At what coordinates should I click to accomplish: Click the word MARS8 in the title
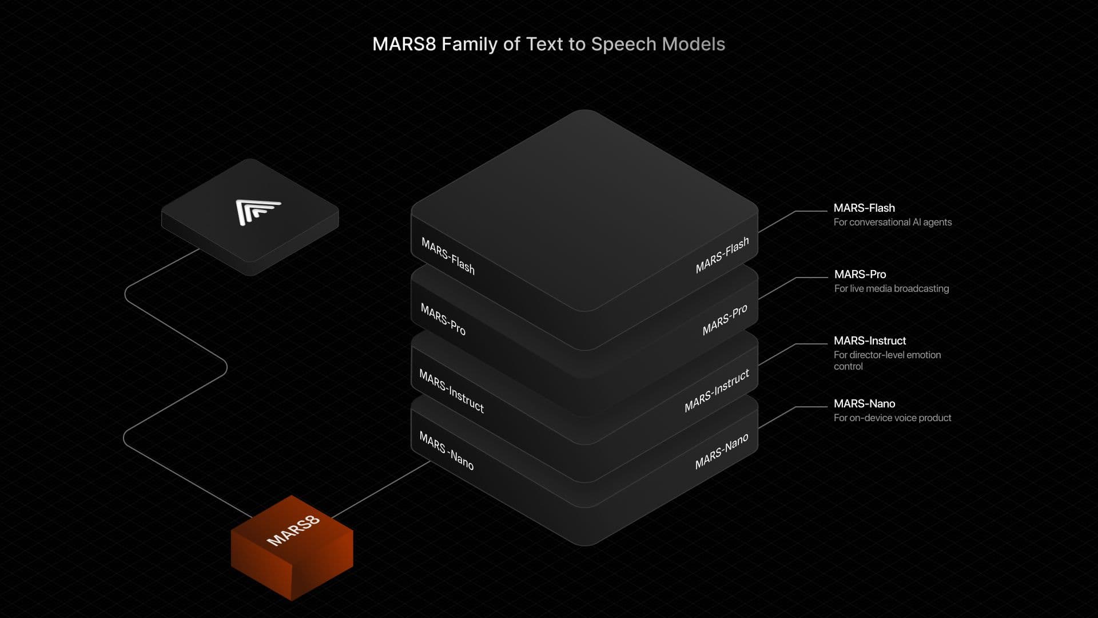[x=404, y=44]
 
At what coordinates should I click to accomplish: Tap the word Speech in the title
[x=623, y=44]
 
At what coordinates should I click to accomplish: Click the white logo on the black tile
[x=257, y=212]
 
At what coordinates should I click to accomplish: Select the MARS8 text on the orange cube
[x=293, y=530]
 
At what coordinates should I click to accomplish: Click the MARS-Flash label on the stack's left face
[x=448, y=256]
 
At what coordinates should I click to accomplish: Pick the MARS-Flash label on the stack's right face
[x=722, y=255]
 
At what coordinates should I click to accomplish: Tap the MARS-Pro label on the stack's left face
[x=443, y=319]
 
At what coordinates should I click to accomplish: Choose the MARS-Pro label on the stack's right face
[x=725, y=320]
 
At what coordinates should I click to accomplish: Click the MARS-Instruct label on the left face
[x=451, y=391]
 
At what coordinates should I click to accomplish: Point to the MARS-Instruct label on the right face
[x=717, y=391]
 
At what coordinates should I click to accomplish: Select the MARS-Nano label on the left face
[x=446, y=451]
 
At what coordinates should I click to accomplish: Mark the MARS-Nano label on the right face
[x=721, y=451]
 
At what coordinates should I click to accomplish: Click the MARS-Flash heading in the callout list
[x=864, y=208]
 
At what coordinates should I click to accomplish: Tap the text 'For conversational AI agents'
[x=892, y=222]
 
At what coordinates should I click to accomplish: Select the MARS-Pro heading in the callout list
[x=860, y=274]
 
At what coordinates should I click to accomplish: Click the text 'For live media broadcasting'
[x=891, y=288]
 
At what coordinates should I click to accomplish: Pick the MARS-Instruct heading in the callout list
[x=869, y=340]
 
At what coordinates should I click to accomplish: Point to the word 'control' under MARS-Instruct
[x=848, y=366]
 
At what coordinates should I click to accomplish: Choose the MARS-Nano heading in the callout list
[x=864, y=403]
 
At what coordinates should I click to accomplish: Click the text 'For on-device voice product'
[x=892, y=418]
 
